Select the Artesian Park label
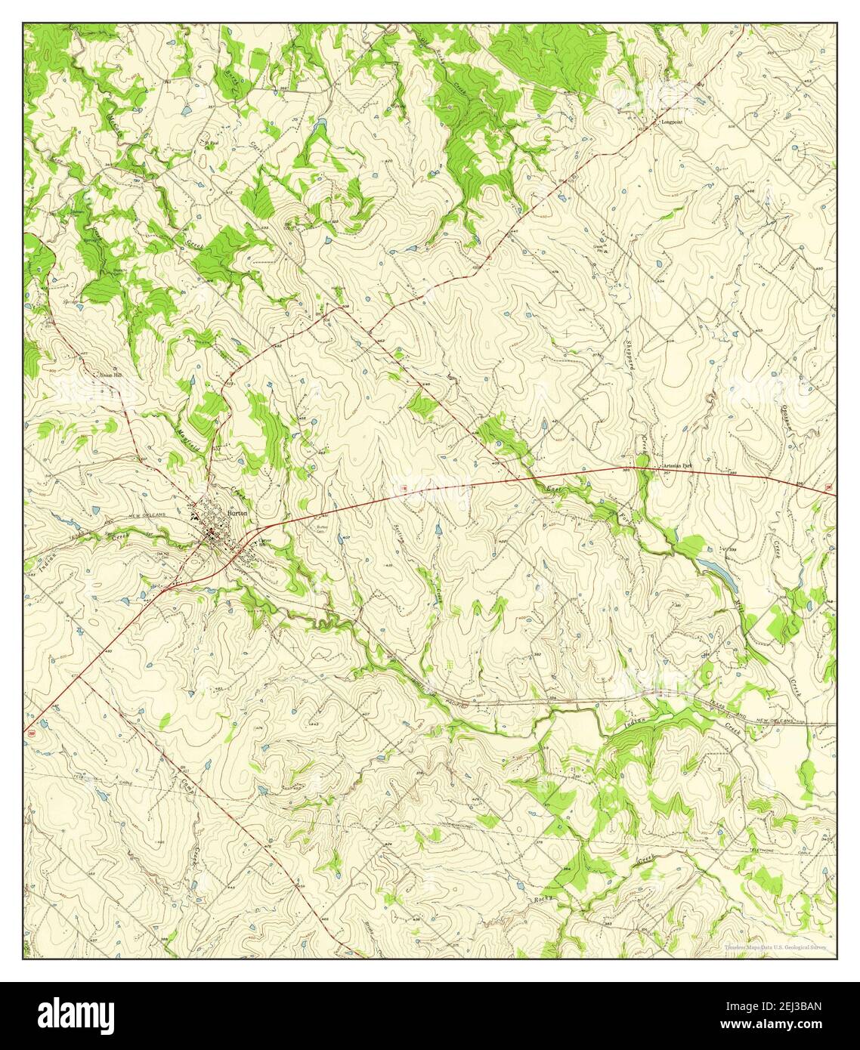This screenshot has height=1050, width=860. (676, 466)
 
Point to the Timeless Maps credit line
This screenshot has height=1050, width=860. (775, 947)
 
